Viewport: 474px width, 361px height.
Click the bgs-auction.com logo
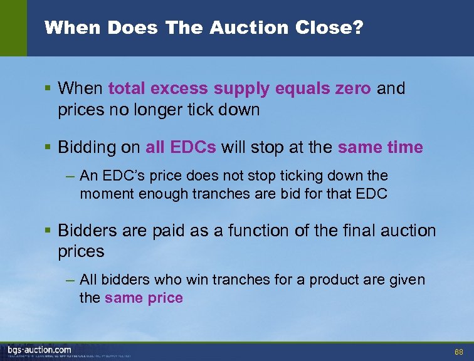39,350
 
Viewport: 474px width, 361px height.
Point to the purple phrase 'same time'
380,147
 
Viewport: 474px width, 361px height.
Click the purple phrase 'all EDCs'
181,147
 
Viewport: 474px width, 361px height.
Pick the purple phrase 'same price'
144,298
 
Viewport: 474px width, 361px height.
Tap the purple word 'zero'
353,88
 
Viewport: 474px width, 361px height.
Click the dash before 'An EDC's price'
71,175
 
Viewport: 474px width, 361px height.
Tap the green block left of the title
13,28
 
